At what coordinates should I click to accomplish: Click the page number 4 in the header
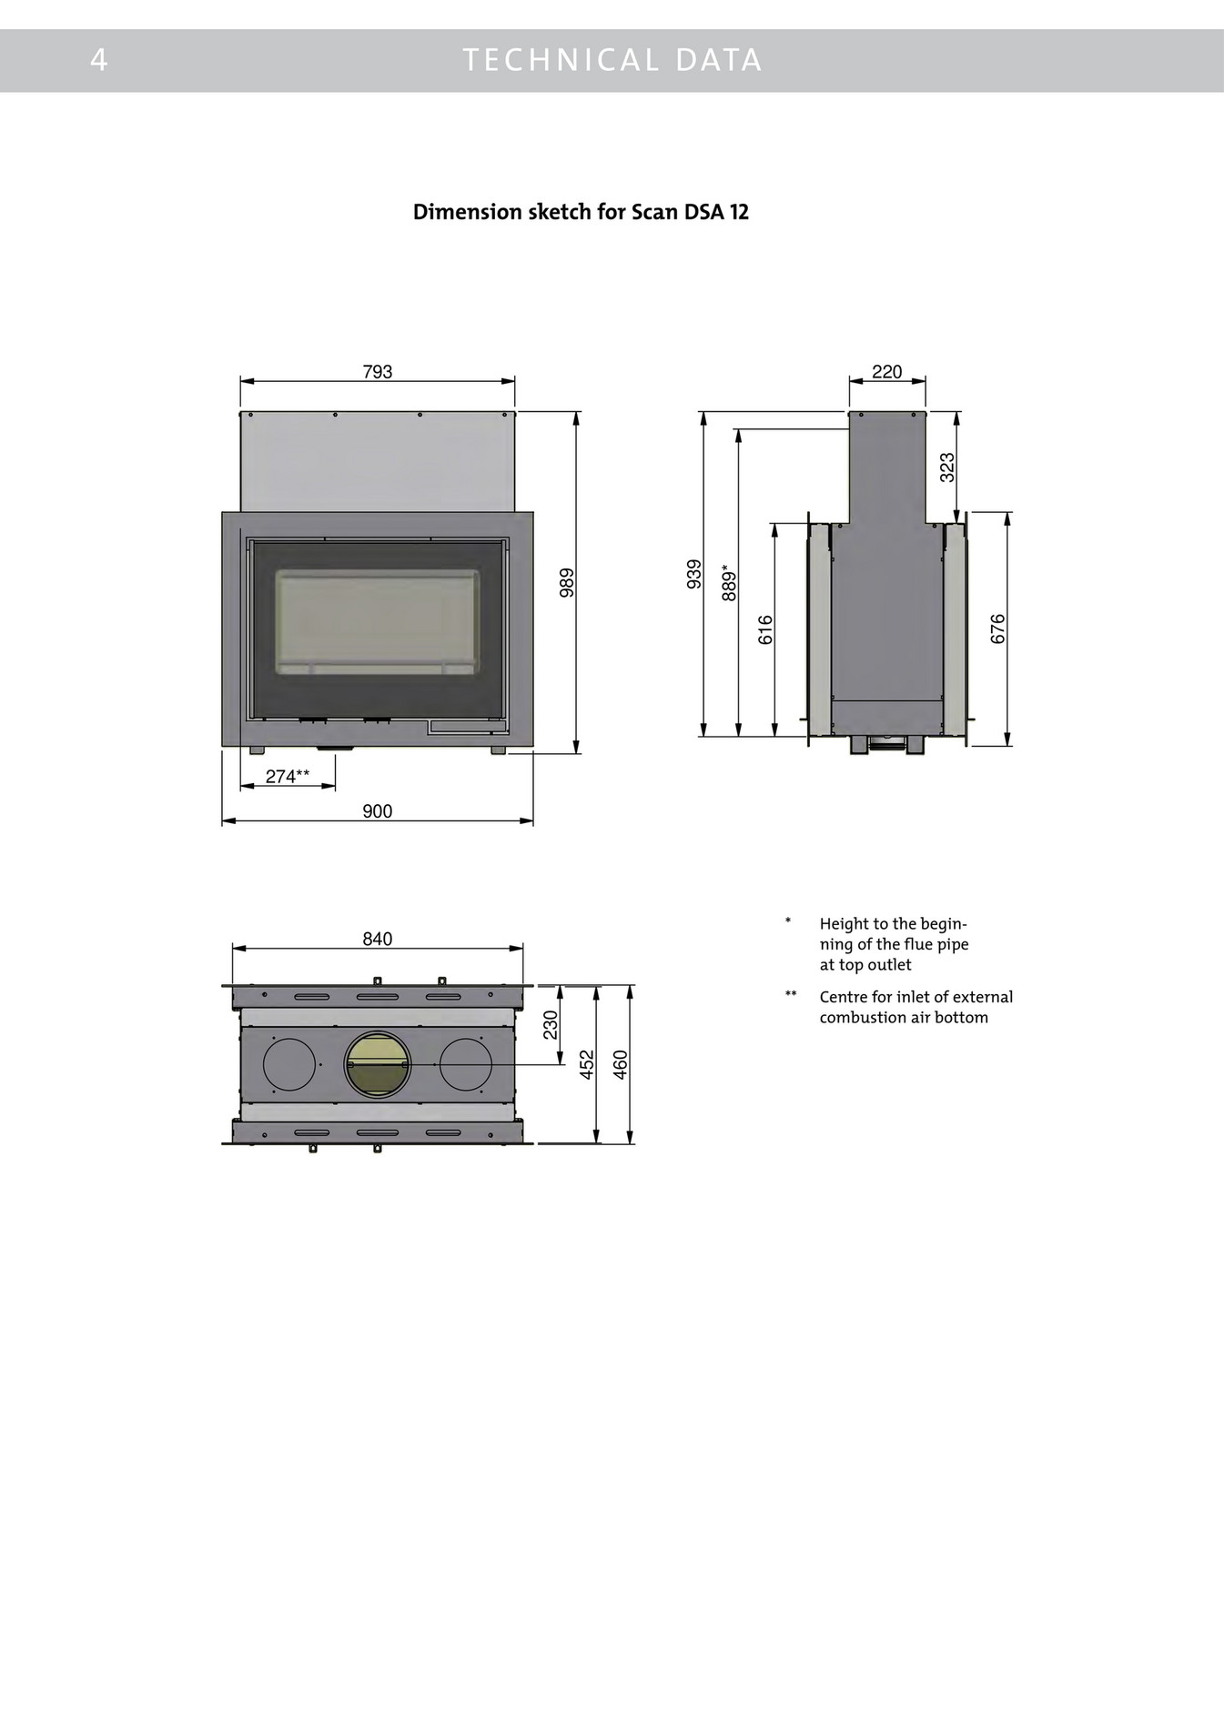pyautogui.click(x=99, y=60)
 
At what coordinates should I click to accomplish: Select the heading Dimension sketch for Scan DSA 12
pyautogui.click(x=581, y=212)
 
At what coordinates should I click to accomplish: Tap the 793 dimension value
pyautogui.click(x=377, y=371)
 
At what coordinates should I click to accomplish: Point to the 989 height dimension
pyautogui.click(x=567, y=582)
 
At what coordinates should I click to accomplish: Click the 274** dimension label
pyautogui.click(x=288, y=776)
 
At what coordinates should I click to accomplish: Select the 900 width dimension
pyautogui.click(x=377, y=811)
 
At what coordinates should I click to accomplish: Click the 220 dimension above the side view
pyautogui.click(x=886, y=371)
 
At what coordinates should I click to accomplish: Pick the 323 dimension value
pyautogui.click(x=947, y=468)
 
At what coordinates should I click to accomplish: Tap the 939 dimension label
pyautogui.click(x=694, y=574)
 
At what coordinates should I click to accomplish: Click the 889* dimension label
pyautogui.click(x=730, y=582)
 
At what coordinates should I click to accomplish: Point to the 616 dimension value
pyautogui.click(x=765, y=629)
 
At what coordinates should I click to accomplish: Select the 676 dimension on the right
pyautogui.click(x=998, y=629)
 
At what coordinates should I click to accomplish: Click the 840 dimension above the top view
pyautogui.click(x=377, y=939)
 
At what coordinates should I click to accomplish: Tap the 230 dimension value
pyautogui.click(x=551, y=1024)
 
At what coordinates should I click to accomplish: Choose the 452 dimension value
pyautogui.click(x=587, y=1064)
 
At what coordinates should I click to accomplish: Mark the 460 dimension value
pyautogui.click(x=621, y=1064)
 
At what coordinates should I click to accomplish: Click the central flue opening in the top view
pyautogui.click(x=377, y=1064)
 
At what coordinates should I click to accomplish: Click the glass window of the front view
pyautogui.click(x=377, y=622)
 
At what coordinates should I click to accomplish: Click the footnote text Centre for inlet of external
pyautogui.click(x=915, y=997)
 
